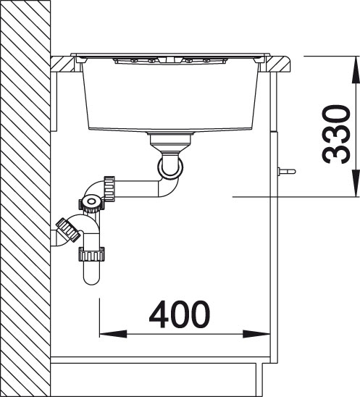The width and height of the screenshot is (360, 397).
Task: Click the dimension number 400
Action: pos(180,314)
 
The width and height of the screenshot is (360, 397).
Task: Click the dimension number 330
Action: pos(336,134)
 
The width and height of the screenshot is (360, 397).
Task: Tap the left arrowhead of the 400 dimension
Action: pos(113,334)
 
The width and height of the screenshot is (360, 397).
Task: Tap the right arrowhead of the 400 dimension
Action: pos(256,334)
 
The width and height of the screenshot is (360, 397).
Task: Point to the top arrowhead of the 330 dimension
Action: pos(356,70)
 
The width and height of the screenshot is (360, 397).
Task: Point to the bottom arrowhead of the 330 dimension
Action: pos(356,183)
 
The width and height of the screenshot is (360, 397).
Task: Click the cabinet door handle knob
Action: pos(287,171)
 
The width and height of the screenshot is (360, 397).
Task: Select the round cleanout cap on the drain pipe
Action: pos(91,202)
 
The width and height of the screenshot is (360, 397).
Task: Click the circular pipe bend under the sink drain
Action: pos(170,167)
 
